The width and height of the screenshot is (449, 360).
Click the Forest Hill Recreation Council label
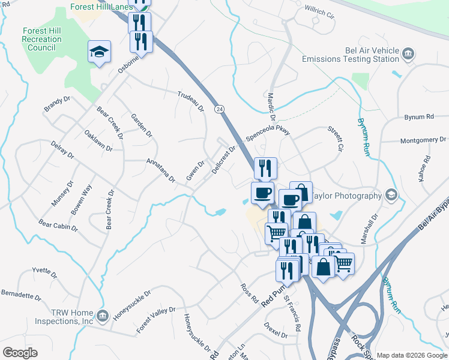tap(41, 40)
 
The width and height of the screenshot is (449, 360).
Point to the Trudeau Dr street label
tap(191, 101)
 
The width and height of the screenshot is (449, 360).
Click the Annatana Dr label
tap(161, 170)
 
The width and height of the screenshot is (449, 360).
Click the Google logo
tap(20, 353)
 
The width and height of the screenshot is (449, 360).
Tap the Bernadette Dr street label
tap(20, 296)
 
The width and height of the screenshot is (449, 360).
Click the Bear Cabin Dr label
tap(58, 225)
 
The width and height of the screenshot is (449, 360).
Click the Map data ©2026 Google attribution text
tap(412, 355)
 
